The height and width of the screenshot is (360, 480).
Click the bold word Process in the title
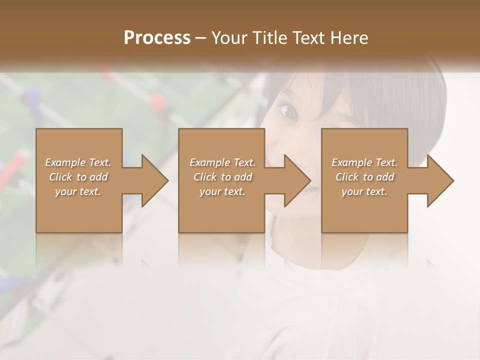157,38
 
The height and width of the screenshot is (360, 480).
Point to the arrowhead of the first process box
153,180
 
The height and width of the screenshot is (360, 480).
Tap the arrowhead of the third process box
439,180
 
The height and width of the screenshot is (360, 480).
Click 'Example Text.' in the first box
78,162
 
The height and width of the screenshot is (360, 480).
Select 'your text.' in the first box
78,191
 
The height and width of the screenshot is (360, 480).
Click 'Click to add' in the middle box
222,177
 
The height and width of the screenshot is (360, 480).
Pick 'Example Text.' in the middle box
222,162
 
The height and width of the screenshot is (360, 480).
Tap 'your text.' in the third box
364,191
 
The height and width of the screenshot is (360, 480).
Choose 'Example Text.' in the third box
364,162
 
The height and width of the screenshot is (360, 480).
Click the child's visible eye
289,110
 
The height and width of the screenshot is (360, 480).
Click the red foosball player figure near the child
159,102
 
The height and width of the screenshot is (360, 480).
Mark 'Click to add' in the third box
364,177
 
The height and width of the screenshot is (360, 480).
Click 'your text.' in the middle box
222,191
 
